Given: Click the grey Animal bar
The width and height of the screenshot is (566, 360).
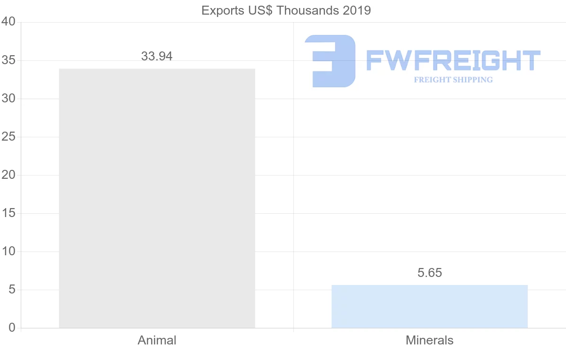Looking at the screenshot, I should (157, 198).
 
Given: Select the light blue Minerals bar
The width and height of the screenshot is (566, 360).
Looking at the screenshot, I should (429, 306).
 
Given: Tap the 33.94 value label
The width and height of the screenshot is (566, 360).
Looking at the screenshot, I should (157, 56).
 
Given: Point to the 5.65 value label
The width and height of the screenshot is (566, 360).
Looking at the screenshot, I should (430, 273).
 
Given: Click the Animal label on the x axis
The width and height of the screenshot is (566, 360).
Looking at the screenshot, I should (157, 340).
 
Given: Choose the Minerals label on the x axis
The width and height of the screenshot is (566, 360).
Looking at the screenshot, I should (430, 340).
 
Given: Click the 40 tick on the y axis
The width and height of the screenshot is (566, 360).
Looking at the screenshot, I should (9, 22).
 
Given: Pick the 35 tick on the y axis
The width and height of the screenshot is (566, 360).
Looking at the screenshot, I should (9, 60).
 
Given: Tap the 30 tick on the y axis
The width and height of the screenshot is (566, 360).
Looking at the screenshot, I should (9, 99).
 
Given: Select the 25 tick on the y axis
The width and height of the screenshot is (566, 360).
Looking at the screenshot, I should (9, 137).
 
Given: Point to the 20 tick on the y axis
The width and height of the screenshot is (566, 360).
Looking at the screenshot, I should (9, 175).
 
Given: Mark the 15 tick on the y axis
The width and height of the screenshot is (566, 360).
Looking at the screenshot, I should (9, 213).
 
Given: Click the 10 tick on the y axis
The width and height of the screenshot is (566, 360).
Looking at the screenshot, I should (9, 251).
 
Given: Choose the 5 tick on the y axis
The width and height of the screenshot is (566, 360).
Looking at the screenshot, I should (12, 290).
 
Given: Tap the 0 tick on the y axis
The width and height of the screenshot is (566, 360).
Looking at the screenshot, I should (12, 328).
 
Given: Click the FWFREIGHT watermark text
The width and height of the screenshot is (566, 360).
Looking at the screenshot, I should (453, 61).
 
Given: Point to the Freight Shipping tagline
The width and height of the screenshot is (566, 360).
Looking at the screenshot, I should (453, 80).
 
